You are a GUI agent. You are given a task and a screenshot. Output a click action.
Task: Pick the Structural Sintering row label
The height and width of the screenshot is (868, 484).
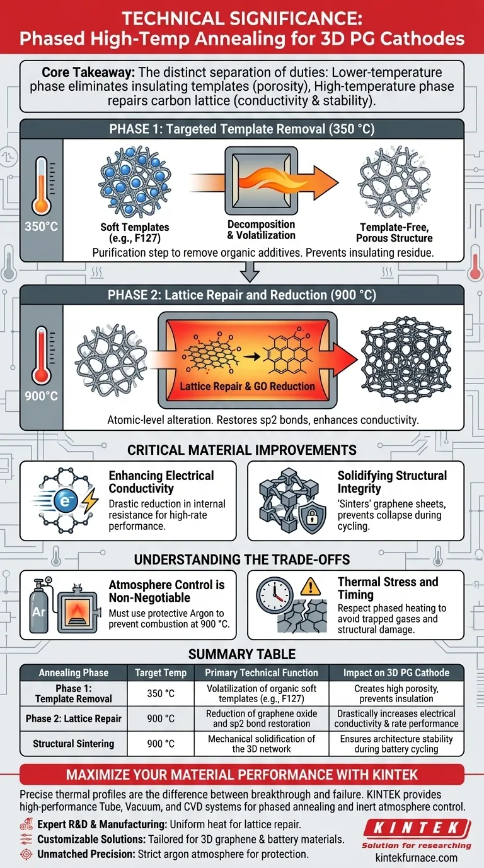(x=73, y=744)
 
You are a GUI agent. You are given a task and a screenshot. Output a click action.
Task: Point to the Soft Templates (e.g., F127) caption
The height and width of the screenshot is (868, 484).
(x=135, y=232)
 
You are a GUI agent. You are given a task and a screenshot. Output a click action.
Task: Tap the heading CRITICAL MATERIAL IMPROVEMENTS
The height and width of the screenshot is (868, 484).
(x=241, y=450)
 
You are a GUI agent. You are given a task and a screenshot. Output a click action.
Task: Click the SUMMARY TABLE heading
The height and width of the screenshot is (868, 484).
(x=242, y=654)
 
